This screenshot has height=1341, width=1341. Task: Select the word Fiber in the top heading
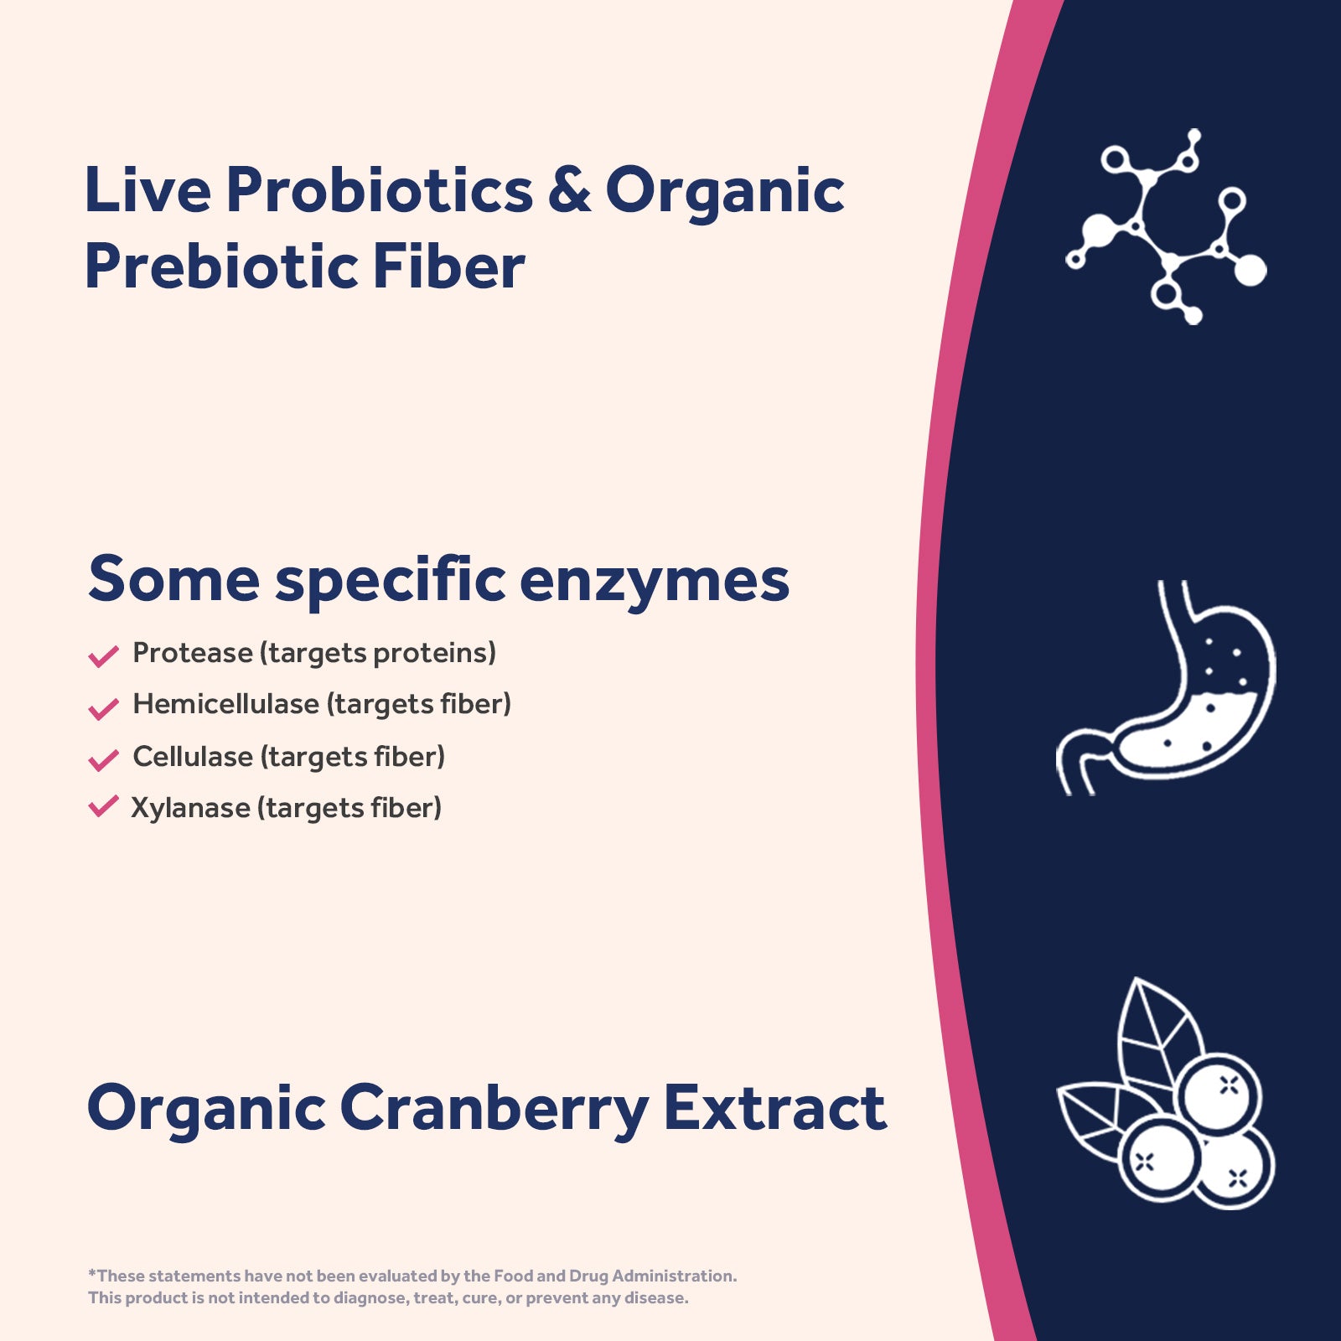coord(448,267)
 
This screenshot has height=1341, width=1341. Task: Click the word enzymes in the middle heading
coord(654,580)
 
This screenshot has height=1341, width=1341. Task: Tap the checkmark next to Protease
coord(103,655)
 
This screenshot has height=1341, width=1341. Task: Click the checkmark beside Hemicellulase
coord(103,708)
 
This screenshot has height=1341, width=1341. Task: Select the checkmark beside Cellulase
coord(103,759)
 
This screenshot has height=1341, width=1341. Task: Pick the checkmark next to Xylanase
coord(103,806)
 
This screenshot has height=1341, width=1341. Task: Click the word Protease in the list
coord(192,653)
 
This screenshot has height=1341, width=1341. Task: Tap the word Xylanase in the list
coord(190,808)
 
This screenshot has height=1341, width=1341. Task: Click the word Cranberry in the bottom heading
coord(494,1108)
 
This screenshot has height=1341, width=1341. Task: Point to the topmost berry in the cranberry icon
coord(1219,1094)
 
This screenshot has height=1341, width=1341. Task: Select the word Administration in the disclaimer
coord(674,1276)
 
